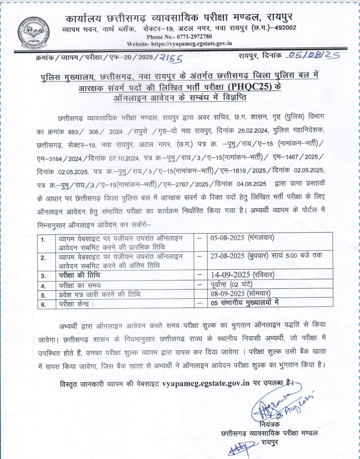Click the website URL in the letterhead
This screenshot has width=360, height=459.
[191, 44]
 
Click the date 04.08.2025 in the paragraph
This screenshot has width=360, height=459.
[251, 184]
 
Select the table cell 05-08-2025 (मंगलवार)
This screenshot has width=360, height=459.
[242, 238]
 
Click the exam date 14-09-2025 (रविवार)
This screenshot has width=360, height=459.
[242, 275]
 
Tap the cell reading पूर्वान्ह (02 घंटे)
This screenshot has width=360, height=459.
[231, 284]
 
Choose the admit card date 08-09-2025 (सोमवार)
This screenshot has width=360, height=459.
[240, 293]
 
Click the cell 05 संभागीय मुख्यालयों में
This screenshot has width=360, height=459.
[245, 303]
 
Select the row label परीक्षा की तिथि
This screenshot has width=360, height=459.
[79, 275]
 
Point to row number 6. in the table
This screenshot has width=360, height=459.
[43, 304]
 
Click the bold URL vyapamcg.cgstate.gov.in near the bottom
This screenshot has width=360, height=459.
[206, 383]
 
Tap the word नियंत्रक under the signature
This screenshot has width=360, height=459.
[270, 424]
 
